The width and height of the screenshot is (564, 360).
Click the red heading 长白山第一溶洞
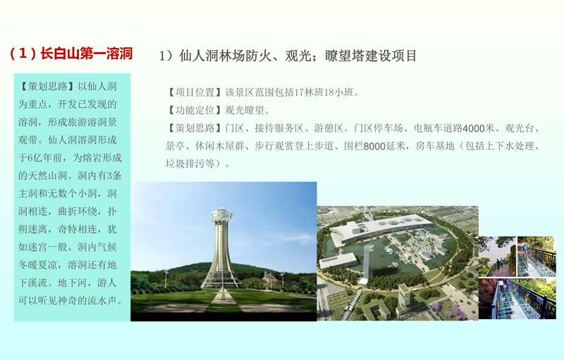click(86, 54)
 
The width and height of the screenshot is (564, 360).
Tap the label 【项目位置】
click(195, 93)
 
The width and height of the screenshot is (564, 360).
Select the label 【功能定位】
click(195, 111)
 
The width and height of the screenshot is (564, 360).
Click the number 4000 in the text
click(473, 128)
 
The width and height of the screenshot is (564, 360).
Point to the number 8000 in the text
click(374, 147)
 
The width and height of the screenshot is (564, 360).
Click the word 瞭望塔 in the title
click(344, 56)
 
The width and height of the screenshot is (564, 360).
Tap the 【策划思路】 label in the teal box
click(47, 87)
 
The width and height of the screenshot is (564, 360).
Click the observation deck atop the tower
click(221, 215)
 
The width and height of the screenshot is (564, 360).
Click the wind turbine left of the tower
click(166, 278)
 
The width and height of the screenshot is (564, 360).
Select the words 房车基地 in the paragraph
click(435, 147)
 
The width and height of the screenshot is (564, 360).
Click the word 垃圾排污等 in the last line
click(190, 164)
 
